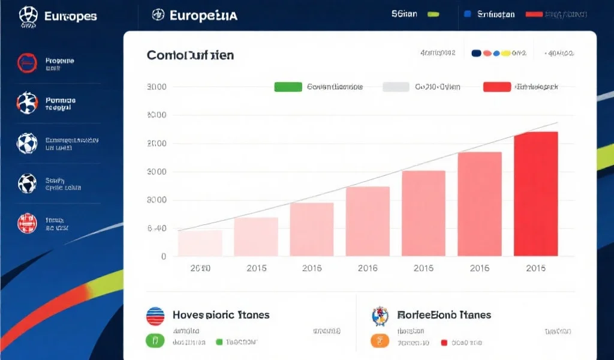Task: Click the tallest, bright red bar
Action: pyautogui.click(x=535, y=194)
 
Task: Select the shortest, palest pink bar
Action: pyautogui.click(x=200, y=243)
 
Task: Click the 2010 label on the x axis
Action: pyautogui.click(x=200, y=268)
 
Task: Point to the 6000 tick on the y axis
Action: pyautogui.click(x=156, y=115)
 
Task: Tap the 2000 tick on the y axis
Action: pyautogui.click(x=156, y=143)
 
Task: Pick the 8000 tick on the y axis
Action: pyautogui.click(x=156, y=200)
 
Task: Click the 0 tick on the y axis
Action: pyautogui.click(x=163, y=257)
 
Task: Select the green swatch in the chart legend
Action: pyautogui.click(x=288, y=87)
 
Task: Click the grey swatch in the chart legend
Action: pyautogui.click(x=396, y=87)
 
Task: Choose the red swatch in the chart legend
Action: pyautogui.click(x=496, y=87)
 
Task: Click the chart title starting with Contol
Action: pyautogui.click(x=190, y=56)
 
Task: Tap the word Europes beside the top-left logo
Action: pyautogui.click(x=70, y=16)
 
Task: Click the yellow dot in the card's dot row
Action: pyautogui.click(x=505, y=53)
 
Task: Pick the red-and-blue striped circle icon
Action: pyautogui.click(x=155, y=316)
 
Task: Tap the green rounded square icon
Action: pyautogui.click(x=155, y=341)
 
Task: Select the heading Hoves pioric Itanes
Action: pyautogui.click(x=221, y=315)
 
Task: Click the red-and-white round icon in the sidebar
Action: pyautogui.click(x=27, y=223)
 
